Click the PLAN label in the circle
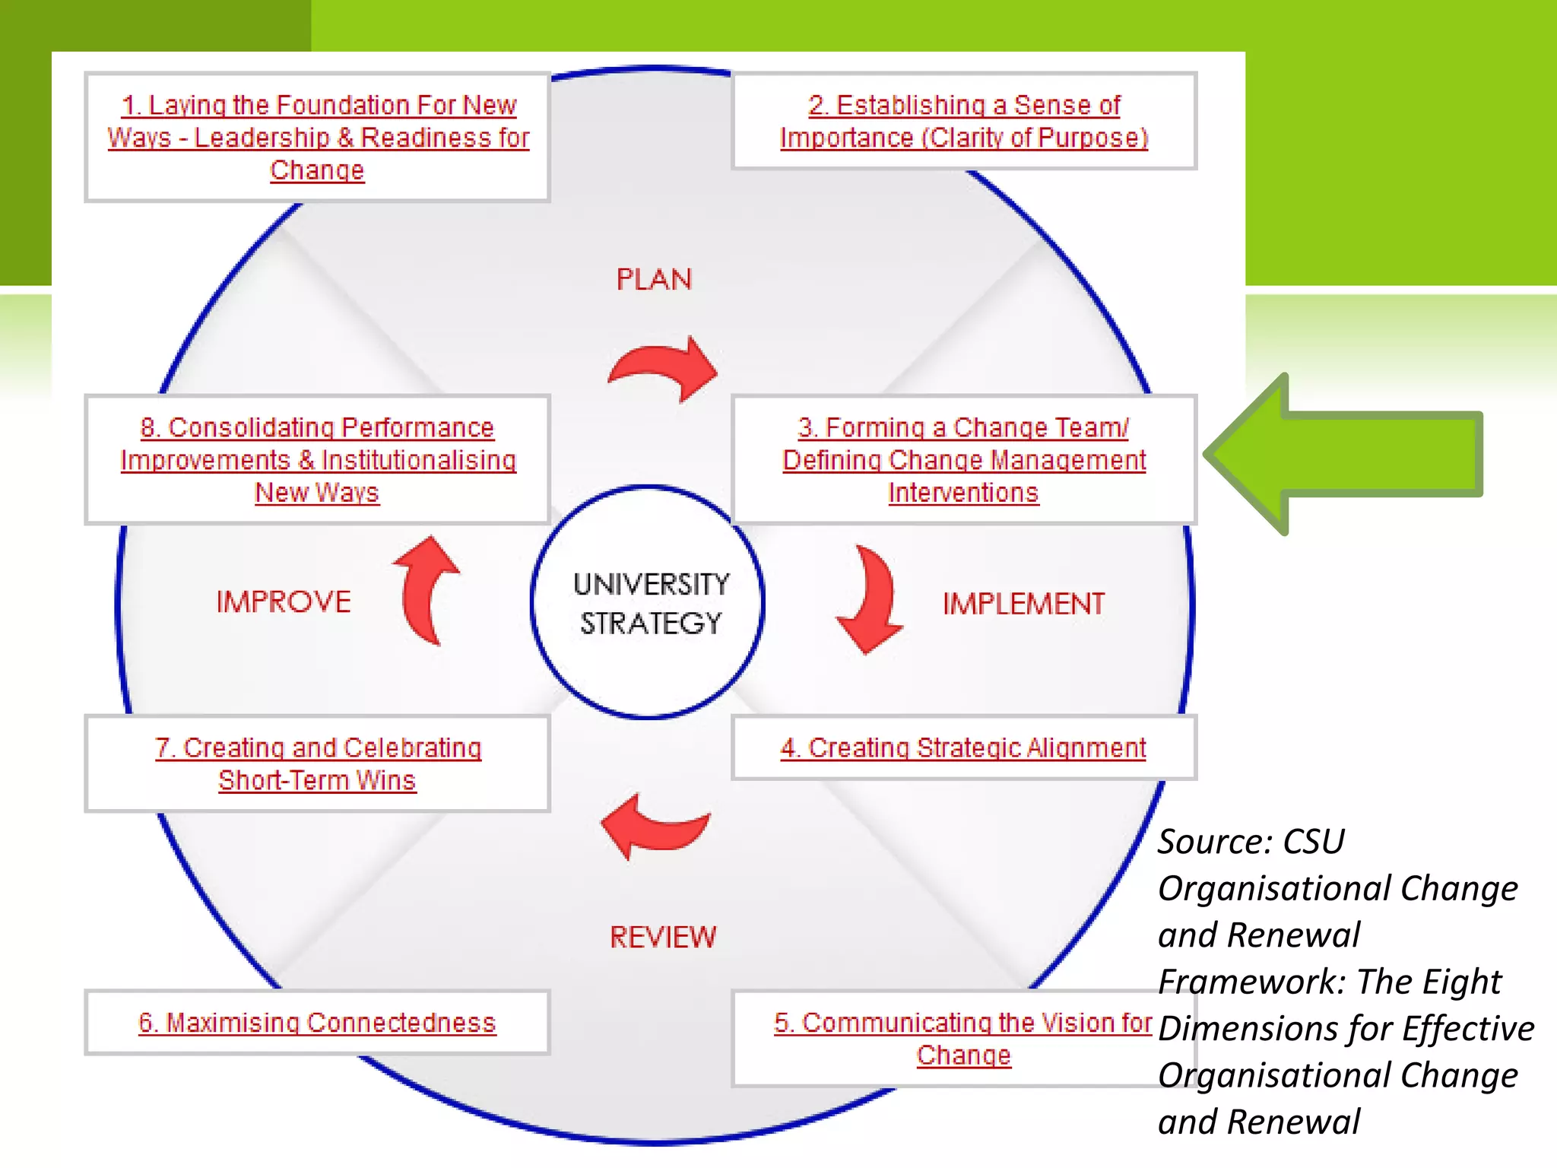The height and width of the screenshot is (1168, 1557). pyautogui.click(x=654, y=279)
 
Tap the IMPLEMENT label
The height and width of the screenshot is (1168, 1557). pyautogui.click(x=1023, y=604)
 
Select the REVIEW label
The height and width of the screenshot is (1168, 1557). pyautogui.click(x=663, y=937)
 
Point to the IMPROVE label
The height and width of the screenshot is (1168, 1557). pyautogui.click(x=284, y=601)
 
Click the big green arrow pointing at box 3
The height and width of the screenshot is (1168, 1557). pyautogui.click(x=1346, y=454)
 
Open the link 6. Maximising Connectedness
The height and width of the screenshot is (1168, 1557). pyautogui.click(x=317, y=1023)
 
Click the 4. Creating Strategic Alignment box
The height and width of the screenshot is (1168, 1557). pyautogui.click(x=963, y=748)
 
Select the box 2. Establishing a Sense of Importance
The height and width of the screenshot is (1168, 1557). pyautogui.click(x=964, y=122)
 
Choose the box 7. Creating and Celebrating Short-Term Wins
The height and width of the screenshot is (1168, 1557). pyautogui.click(x=317, y=764)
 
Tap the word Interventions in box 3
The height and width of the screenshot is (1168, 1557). pyautogui.click(x=963, y=493)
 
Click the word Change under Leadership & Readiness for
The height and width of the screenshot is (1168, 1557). pyautogui.click(x=317, y=170)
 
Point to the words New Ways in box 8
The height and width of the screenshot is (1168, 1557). pyautogui.click(x=317, y=493)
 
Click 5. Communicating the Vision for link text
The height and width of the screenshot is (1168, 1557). pyautogui.click(x=962, y=1023)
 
